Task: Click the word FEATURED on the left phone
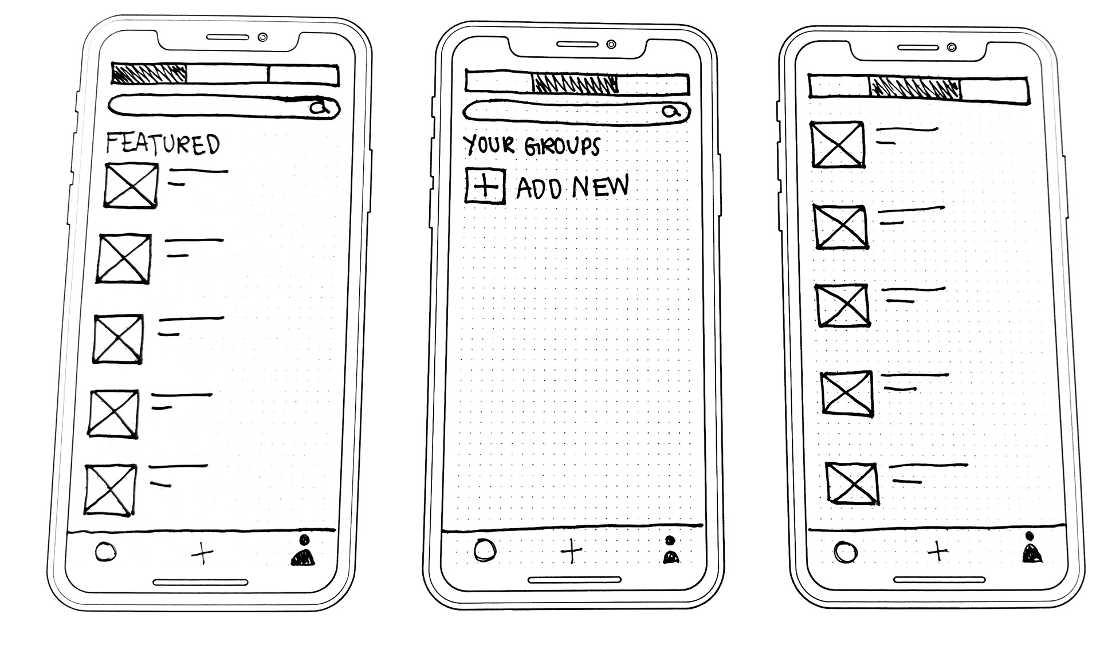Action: [x=163, y=144]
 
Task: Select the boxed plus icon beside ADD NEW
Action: [x=485, y=186]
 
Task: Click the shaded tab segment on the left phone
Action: [x=150, y=74]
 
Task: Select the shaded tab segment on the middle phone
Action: [x=575, y=84]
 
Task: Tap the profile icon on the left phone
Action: [x=303, y=551]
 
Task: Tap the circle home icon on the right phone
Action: [x=846, y=553]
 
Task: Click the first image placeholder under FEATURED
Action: [x=131, y=185]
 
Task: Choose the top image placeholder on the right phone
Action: [x=837, y=144]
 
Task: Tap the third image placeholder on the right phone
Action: [x=842, y=305]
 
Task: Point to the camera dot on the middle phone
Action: [x=611, y=44]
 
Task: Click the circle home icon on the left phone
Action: [x=105, y=553]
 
